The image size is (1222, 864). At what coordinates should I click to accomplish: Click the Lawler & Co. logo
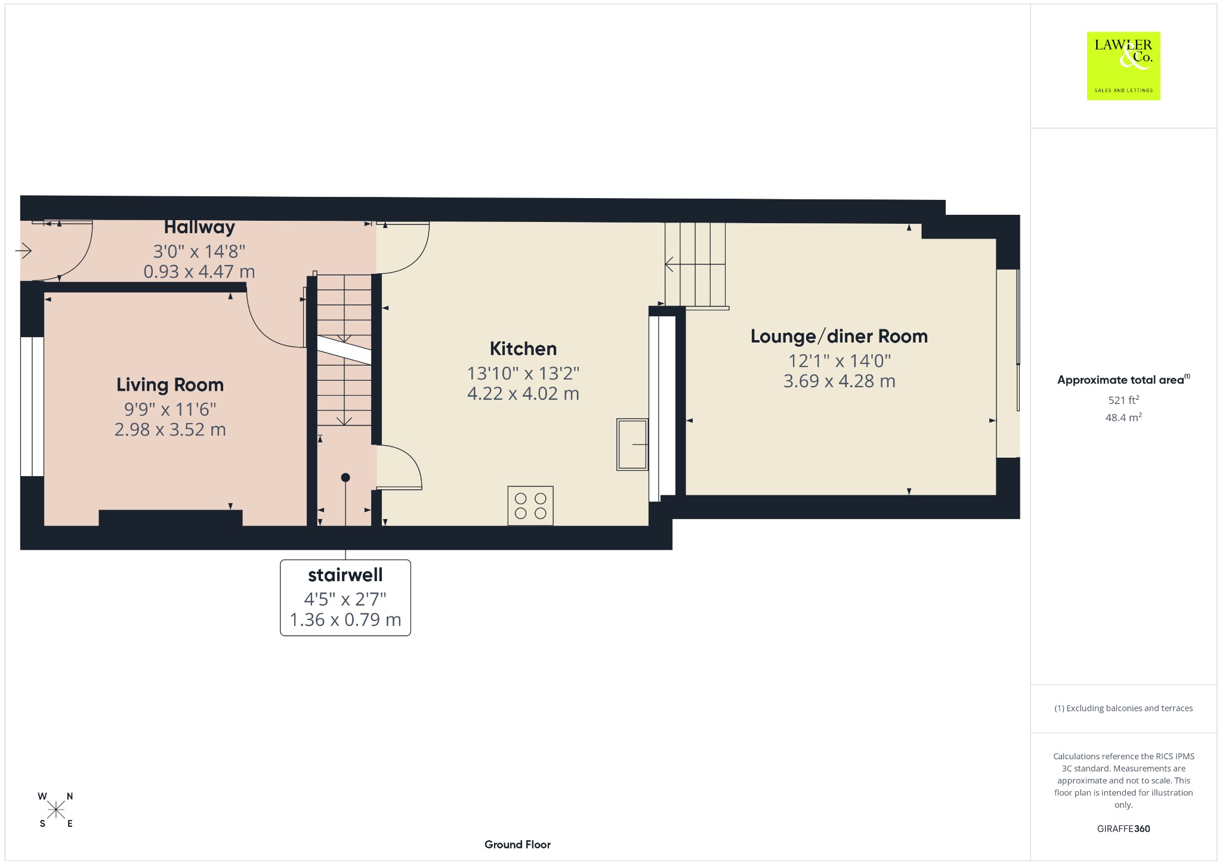point(1123,66)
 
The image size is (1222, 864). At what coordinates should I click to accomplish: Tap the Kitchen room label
point(523,348)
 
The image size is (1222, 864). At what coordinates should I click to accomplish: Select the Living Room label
point(170,385)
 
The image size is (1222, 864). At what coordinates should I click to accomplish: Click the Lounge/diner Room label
point(839,337)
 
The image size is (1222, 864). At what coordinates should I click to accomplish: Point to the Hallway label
point(199,227)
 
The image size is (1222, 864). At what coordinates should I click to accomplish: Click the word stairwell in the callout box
point(345,575)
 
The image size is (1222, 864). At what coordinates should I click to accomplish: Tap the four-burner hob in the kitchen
point(530,506)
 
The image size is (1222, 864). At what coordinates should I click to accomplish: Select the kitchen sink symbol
point(632,445)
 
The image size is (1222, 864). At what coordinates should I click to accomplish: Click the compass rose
point(56,810)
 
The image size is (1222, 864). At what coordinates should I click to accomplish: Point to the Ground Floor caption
point(517,844)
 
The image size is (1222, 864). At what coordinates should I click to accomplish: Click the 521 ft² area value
point(1124,400)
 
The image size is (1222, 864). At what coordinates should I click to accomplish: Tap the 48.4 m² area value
point(1124,417)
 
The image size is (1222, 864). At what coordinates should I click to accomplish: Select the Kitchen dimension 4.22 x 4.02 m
point(523,394)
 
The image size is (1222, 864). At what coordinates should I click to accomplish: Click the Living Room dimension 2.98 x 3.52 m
point(170,430)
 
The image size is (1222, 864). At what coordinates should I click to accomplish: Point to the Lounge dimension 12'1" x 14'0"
point(840,361)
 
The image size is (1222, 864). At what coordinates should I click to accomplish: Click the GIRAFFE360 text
point(1124,828)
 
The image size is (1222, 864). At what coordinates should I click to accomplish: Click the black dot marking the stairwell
point(345,477)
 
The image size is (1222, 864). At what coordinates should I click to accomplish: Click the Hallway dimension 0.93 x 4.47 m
point(199,271)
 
